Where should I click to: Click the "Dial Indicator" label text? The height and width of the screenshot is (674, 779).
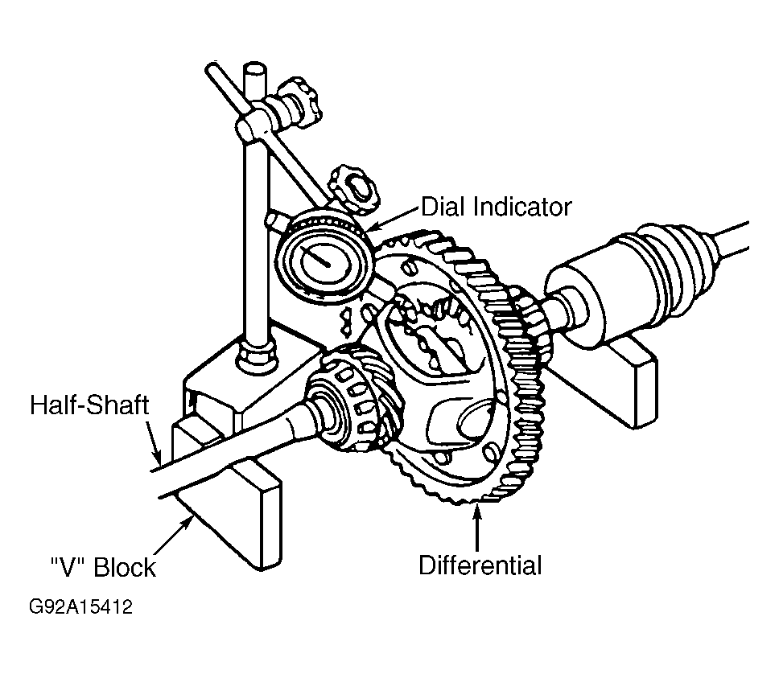[x=496, y=207]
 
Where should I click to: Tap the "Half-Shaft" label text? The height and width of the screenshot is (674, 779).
[x=89, y=405]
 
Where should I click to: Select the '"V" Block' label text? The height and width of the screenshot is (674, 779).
[x=100, y=567]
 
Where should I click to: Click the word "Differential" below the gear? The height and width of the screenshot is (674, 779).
[x=480, y=565]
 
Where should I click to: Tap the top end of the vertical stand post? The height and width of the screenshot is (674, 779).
[x=255, y=71]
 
